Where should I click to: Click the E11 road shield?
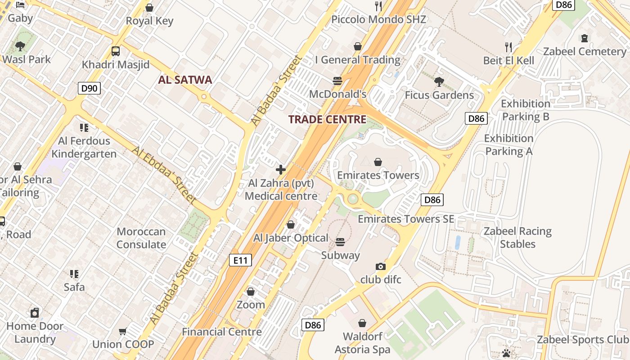[240, 260]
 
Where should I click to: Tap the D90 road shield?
[89, 88]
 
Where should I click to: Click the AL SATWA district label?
[185, 80]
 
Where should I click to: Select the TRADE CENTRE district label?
[327, 119]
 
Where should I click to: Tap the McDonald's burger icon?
[337, 81]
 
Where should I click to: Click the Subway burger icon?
[340, 242]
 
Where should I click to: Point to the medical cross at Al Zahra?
[281, 170]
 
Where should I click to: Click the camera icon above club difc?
[381, 266]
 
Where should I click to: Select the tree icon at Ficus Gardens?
[439, 82]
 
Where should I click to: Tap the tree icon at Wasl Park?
[20, 46]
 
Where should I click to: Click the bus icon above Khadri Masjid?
[116, 51]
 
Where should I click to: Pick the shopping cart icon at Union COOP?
[122, 332]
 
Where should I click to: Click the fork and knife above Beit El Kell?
[508, 47]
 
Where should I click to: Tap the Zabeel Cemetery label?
[585, 51]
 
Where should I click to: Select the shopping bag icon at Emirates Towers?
[378, 162]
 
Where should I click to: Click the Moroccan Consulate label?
[141, 238]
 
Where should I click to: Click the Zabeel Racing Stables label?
[517, 238]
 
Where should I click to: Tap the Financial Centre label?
[222, 332]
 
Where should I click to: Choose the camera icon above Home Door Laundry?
[35, 312]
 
